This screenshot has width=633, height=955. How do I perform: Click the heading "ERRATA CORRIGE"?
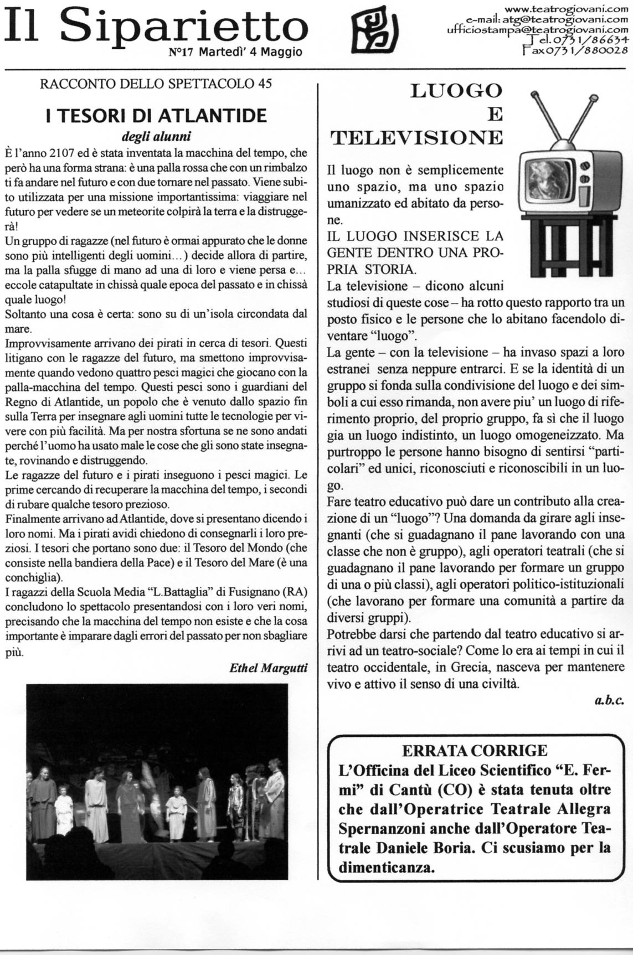[x=475, y=751]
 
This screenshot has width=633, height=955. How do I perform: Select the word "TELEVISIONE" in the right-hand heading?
[x=417, y=137]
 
